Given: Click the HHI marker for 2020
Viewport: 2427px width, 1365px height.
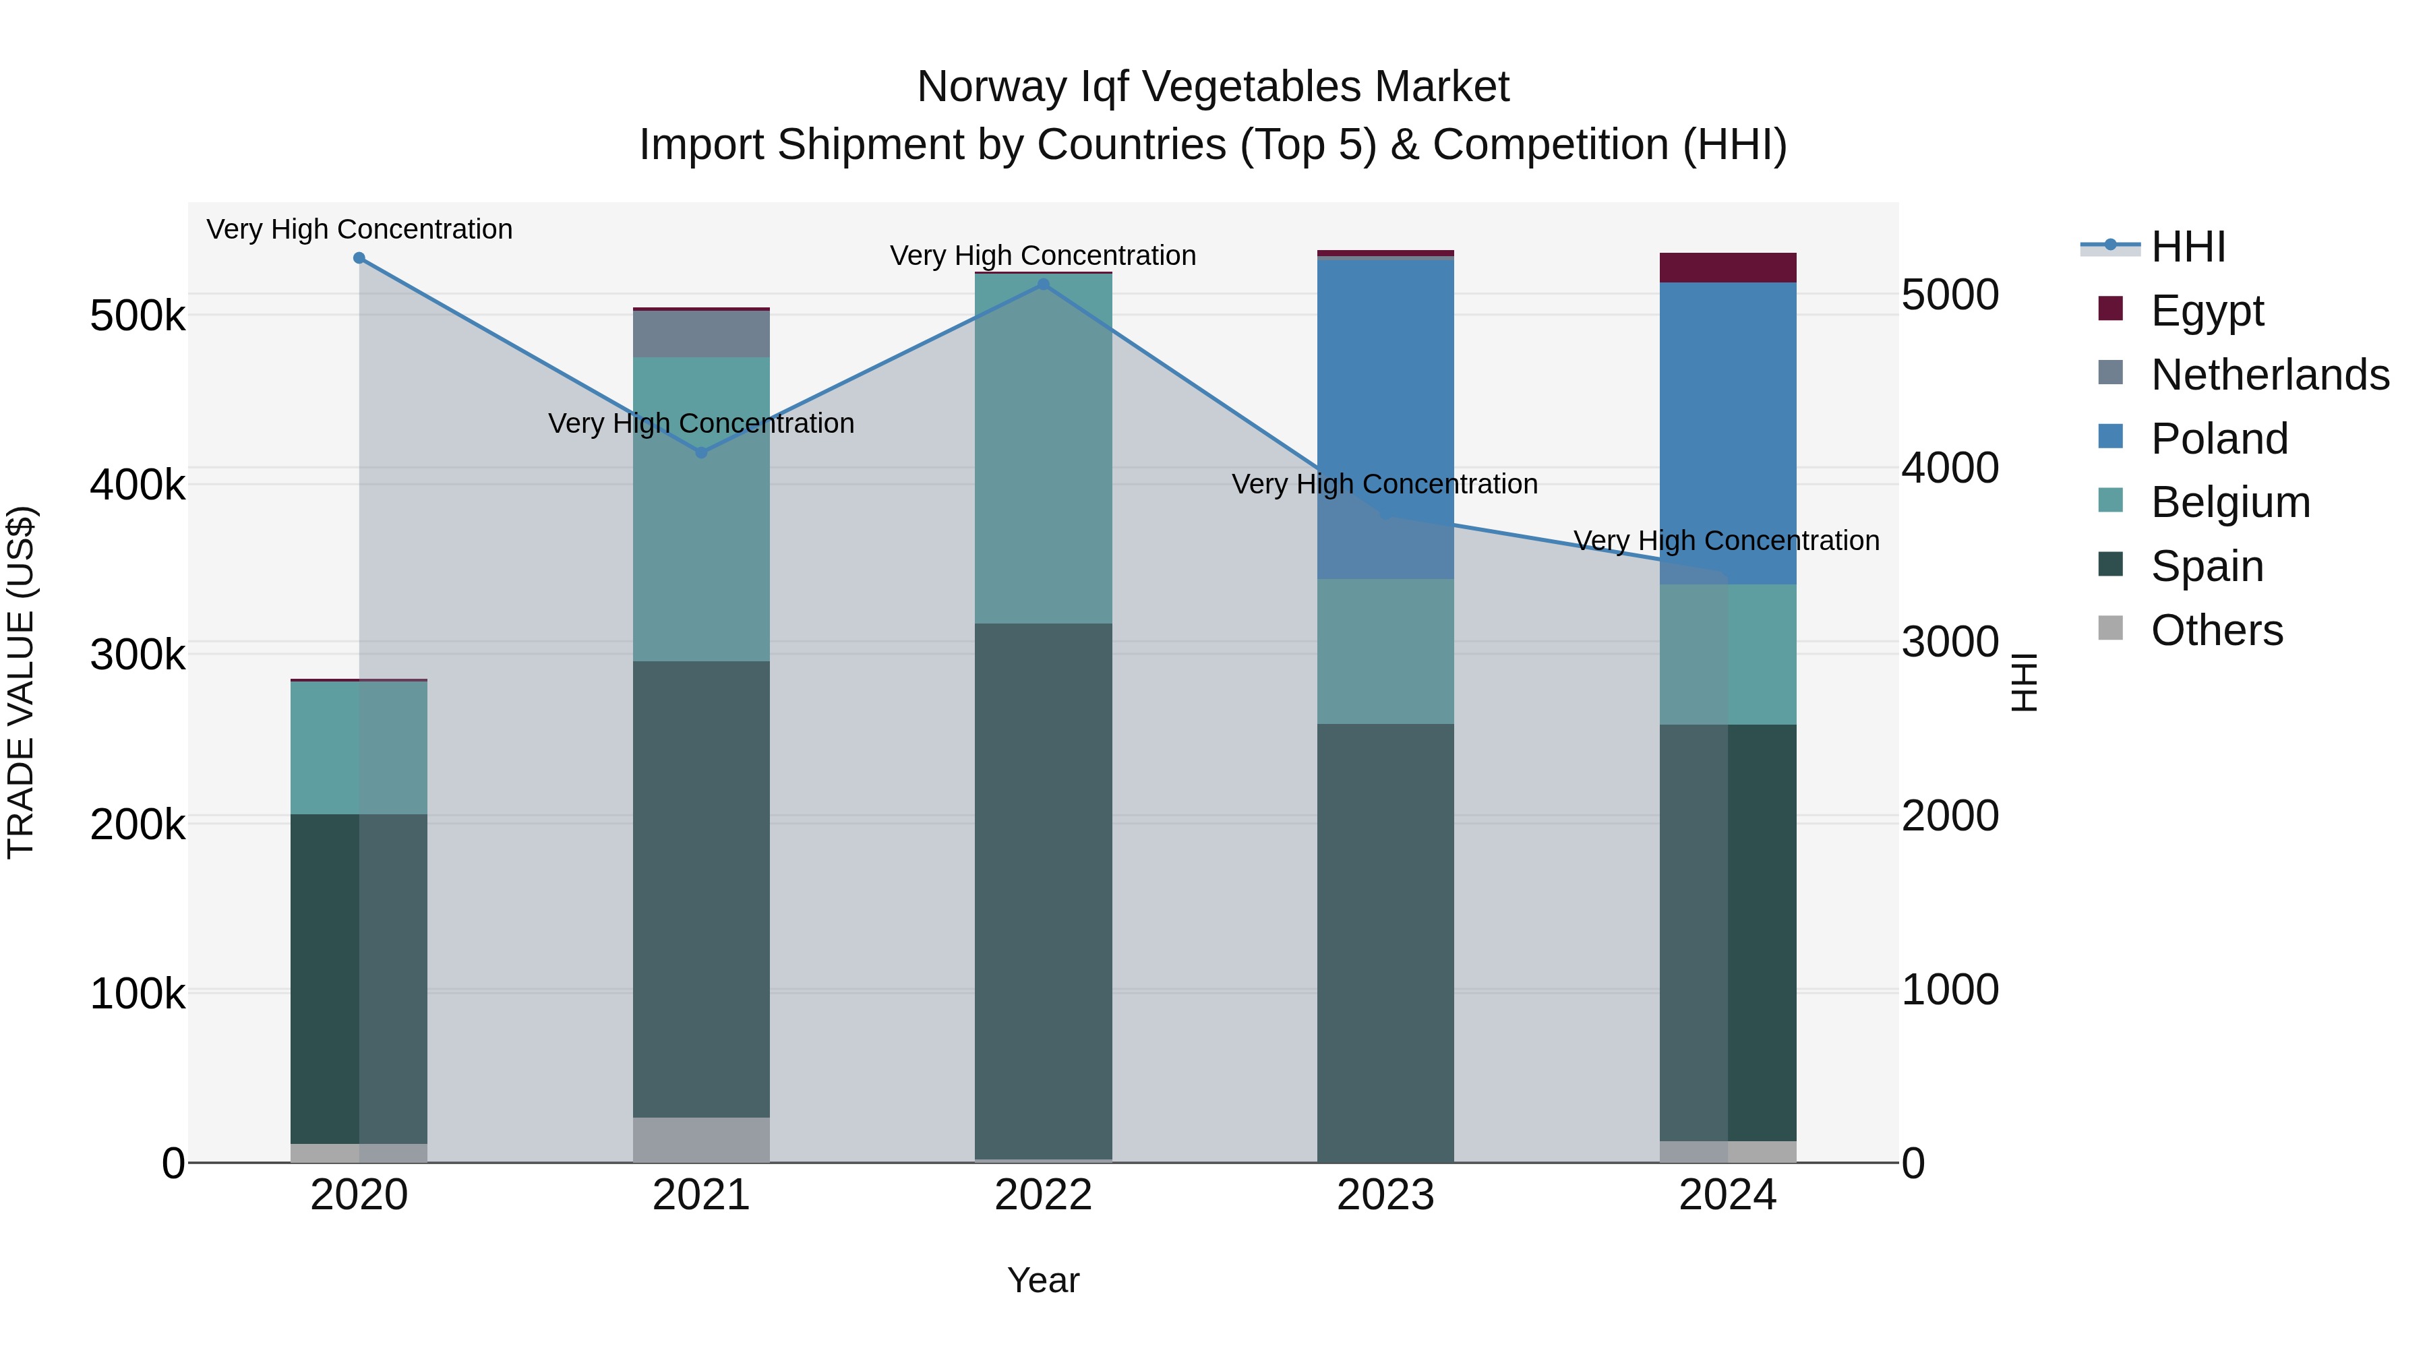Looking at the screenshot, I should click(359, 258).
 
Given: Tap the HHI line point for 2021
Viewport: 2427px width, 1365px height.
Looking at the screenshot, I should click(701, 452).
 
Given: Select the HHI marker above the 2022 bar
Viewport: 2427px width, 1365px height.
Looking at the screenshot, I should click(1043, 284).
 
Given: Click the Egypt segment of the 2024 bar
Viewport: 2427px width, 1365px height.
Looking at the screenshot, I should click(1728, 268).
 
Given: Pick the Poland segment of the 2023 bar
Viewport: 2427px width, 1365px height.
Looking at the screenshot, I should click(1385, 415).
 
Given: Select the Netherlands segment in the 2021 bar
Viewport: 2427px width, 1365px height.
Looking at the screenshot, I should click(701, 334).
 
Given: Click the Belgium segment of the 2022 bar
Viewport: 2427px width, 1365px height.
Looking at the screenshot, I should click(1043, 448).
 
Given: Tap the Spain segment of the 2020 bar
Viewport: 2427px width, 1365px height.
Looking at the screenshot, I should click(359, 979).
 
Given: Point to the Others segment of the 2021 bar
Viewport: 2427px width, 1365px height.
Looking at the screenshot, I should click(701, 1139).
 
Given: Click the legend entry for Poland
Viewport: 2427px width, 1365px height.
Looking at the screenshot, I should click(2219, 439).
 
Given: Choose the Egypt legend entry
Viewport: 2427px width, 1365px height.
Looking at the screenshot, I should click(2207, 311).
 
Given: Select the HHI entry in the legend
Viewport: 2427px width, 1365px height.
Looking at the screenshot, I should click(2188, 247).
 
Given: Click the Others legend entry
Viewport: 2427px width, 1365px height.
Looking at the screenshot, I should click(2216, 630).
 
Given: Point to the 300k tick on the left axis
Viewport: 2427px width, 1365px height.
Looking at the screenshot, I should click(138, 655).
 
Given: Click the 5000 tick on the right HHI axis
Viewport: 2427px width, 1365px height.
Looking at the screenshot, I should click(1949, 295).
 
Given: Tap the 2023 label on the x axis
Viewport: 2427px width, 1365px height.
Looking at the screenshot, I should click(1385, 1195).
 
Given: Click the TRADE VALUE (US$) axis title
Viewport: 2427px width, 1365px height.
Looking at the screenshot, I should click(21, 682).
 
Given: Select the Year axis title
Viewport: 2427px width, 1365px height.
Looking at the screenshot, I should click(1043, 1280).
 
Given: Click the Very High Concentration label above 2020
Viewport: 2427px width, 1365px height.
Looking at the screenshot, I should click(359, 229).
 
